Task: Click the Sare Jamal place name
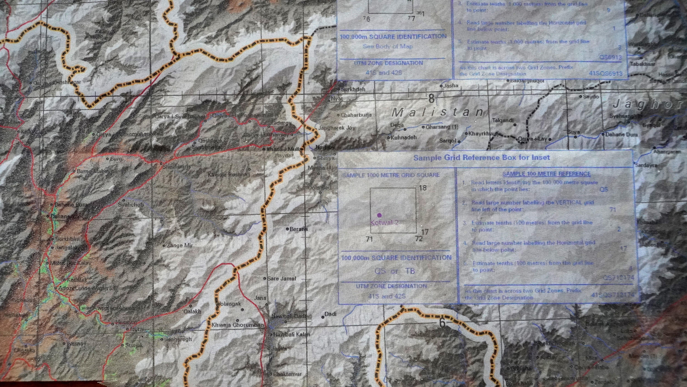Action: [282, 279]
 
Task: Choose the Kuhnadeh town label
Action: [403, 138]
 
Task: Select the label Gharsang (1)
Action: [442, 127]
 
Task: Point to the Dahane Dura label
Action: [621, 135]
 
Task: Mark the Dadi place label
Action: [331, 314]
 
